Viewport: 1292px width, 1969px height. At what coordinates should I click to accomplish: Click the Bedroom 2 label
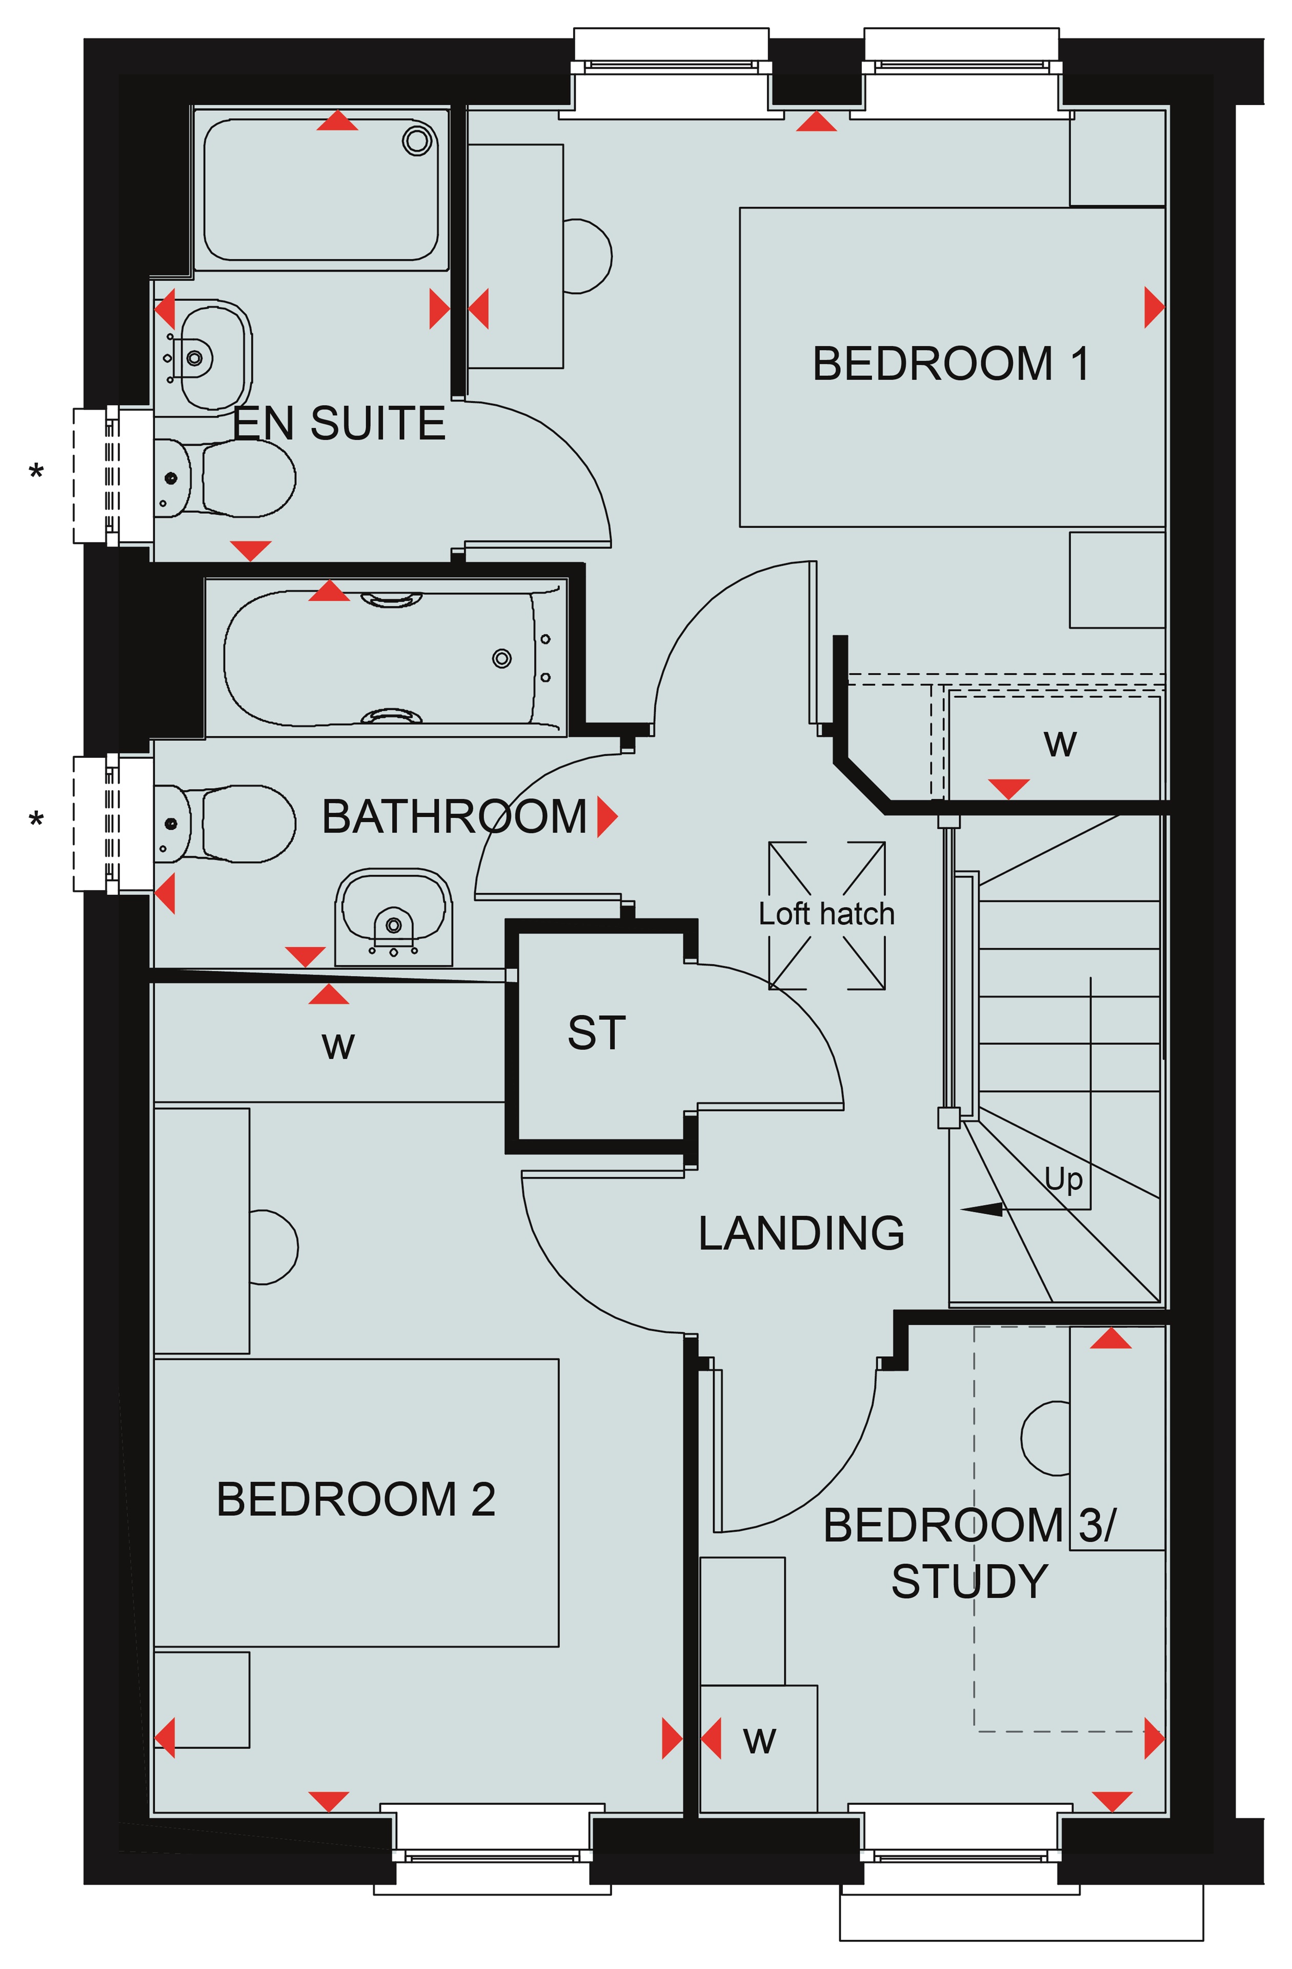click(356, 1499)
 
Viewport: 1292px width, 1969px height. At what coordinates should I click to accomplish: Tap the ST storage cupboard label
click(596, 1033)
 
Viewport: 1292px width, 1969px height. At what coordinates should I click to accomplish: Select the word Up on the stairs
click(1064, 1179)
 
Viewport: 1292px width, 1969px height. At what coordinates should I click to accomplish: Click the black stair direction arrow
click(981, 1210)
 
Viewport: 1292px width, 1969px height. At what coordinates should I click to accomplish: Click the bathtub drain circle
click(501, 658)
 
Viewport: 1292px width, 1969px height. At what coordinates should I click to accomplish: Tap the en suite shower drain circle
click(418, 140)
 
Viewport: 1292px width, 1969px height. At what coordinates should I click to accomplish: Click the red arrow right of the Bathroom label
click(607, 817)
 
